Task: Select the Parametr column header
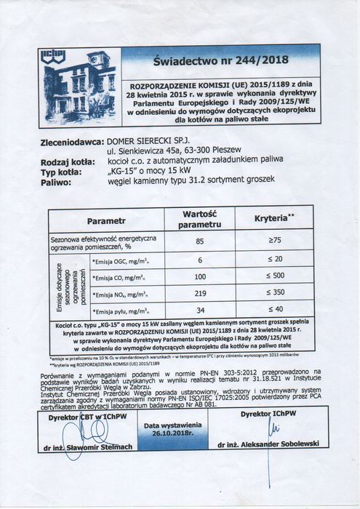point(107,220)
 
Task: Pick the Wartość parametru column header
point(199,219)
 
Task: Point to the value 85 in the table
point(199,241)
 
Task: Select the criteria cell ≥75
point(274,241)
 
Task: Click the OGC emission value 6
point(199,260)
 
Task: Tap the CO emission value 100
point(199,277)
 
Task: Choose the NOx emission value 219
point(199,294)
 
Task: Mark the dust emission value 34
point(199,311)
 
